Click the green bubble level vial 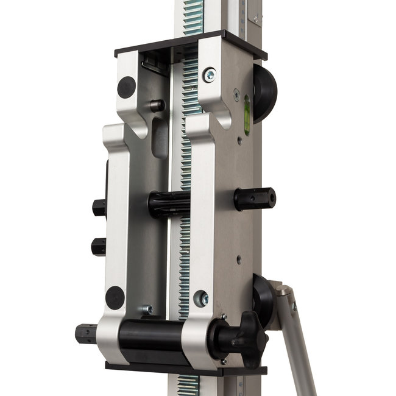[247, 114]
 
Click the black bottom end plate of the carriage [186, 369]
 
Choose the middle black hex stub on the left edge [98, 246]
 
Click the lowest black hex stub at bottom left [86, 334]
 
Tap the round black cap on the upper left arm [127, 87]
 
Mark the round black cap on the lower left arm [115, 298]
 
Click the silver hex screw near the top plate [210, 75]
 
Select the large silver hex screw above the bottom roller [200, 299]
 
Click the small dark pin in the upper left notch [157, 105]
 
